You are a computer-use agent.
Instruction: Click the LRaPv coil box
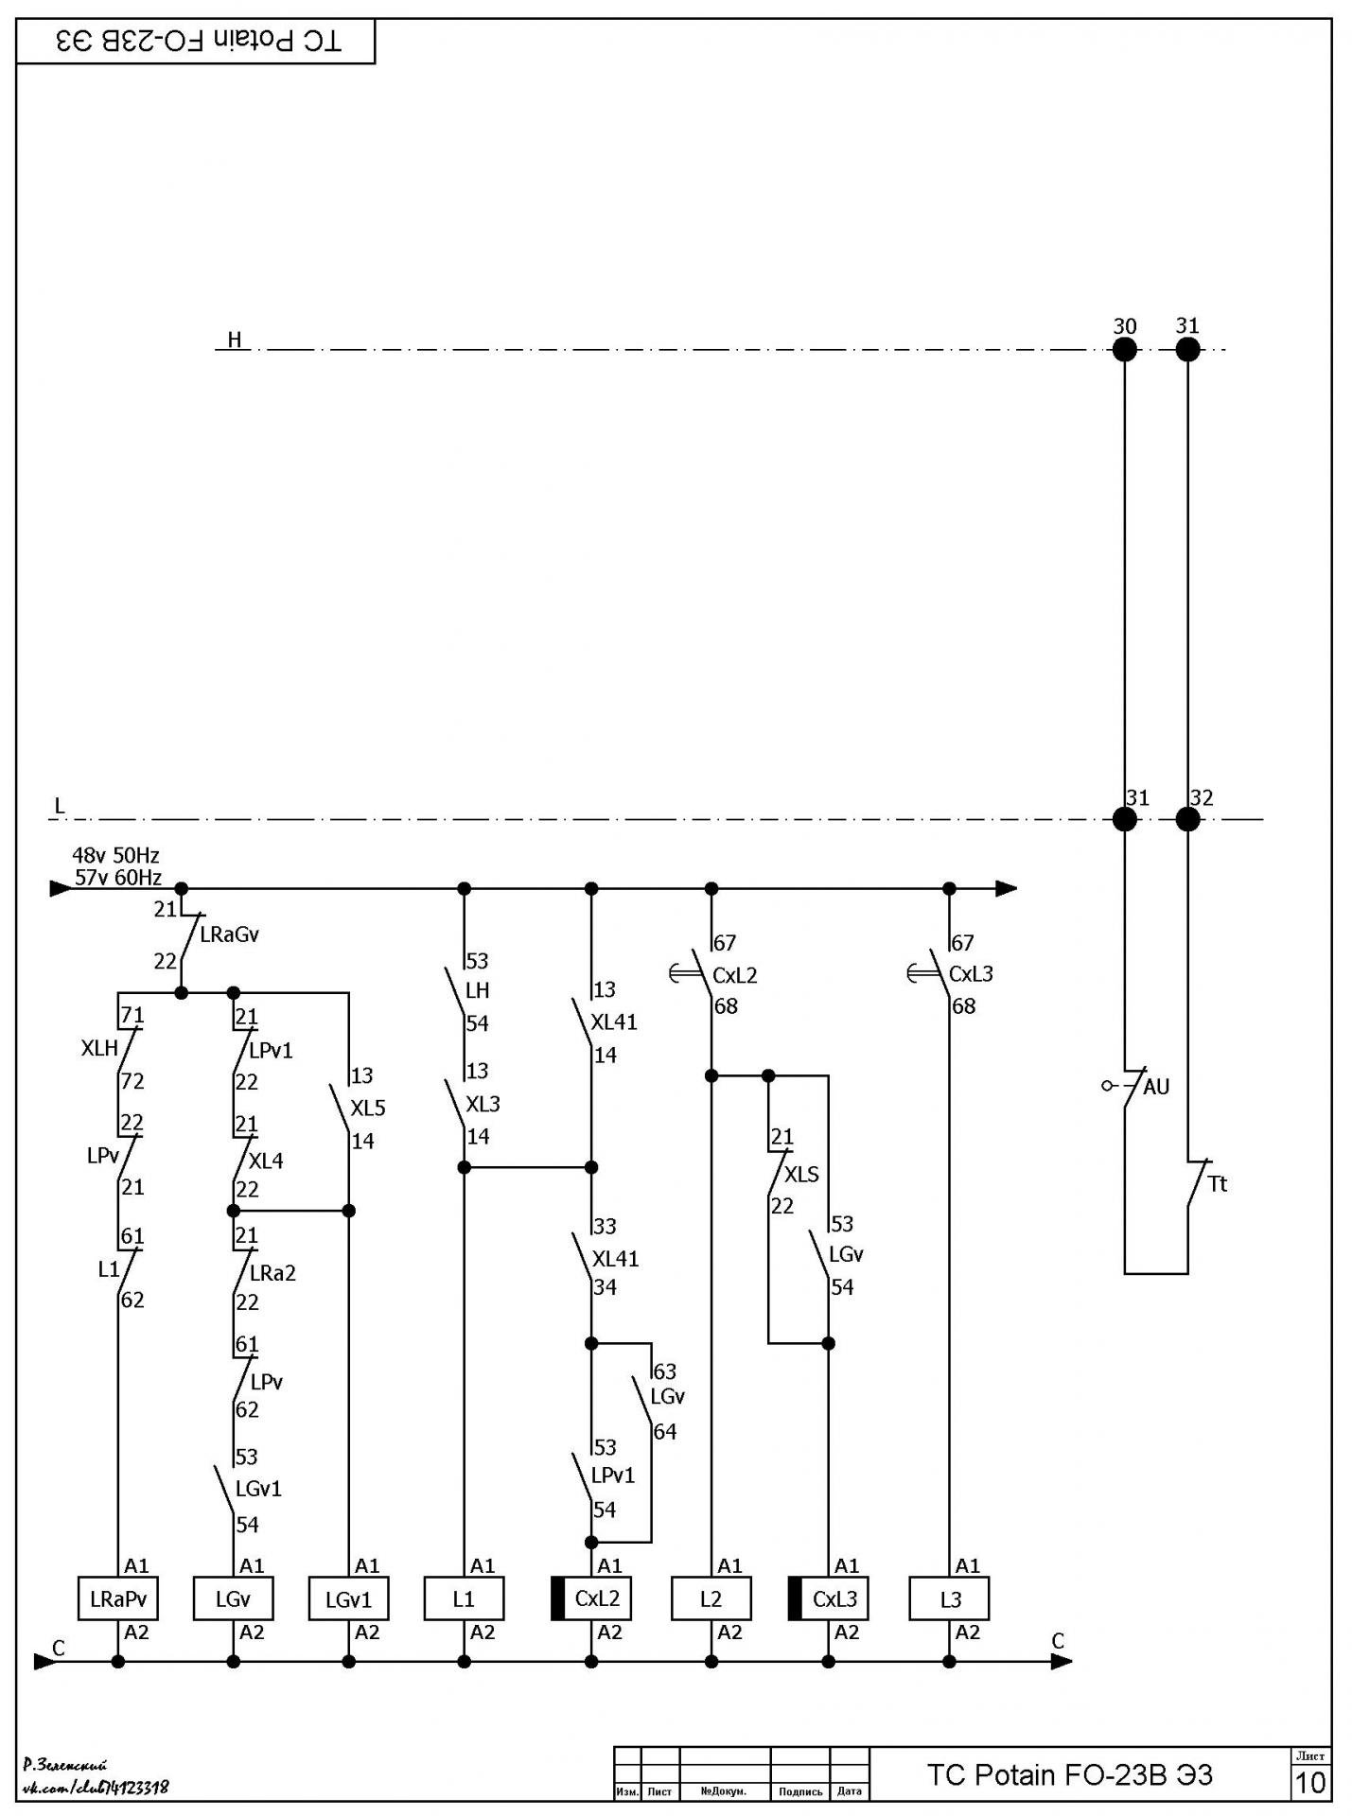tap(117, 1598)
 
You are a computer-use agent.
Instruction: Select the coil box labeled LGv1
tap(348, 1598)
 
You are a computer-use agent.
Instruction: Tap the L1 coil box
tap(464, 1598)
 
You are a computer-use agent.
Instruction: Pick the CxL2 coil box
tap(591, 1598)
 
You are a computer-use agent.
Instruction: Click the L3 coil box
tap(949, 1598)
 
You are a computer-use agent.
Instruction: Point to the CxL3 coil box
tap(828, 1598)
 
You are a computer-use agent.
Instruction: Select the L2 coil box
tap(711, 1598)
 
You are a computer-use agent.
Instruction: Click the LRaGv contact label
tap(229, 934)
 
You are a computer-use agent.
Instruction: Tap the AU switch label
tap(1156, 1087)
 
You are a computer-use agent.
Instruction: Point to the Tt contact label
tap(1217, 1183)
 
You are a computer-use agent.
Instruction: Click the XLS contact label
tap(801, 1174)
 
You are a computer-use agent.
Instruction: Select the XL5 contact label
tap(368, 1108)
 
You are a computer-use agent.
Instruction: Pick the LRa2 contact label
tap(272, 1273)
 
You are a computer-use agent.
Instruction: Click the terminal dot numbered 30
tap(1124, 350)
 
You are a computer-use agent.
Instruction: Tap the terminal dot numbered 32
tap(1187, 819)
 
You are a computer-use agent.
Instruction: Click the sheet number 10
tap(1310, 1783)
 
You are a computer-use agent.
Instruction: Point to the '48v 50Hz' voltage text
tap(115, 856)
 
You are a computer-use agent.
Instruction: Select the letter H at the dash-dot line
tap(235, 340)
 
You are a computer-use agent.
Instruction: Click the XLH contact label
tap(99, 1048)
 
